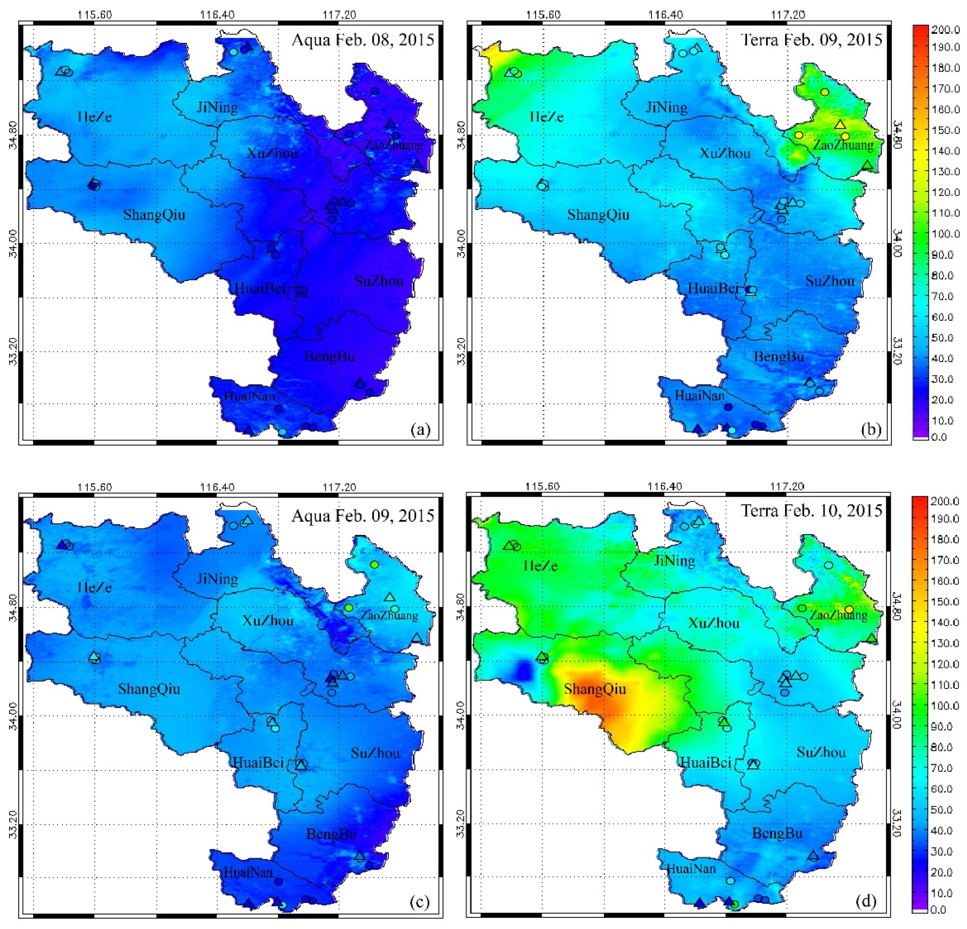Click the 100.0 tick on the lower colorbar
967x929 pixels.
click(x=944, y=705)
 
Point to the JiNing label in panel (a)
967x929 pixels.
click(x=217, y=107)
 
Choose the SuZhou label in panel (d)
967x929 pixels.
click(x=821, y=752)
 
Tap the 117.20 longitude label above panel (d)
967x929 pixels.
click(x=788, y=487)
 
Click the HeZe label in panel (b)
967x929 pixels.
click(x=546, y=117)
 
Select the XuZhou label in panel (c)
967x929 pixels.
click(x=268, y=621)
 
